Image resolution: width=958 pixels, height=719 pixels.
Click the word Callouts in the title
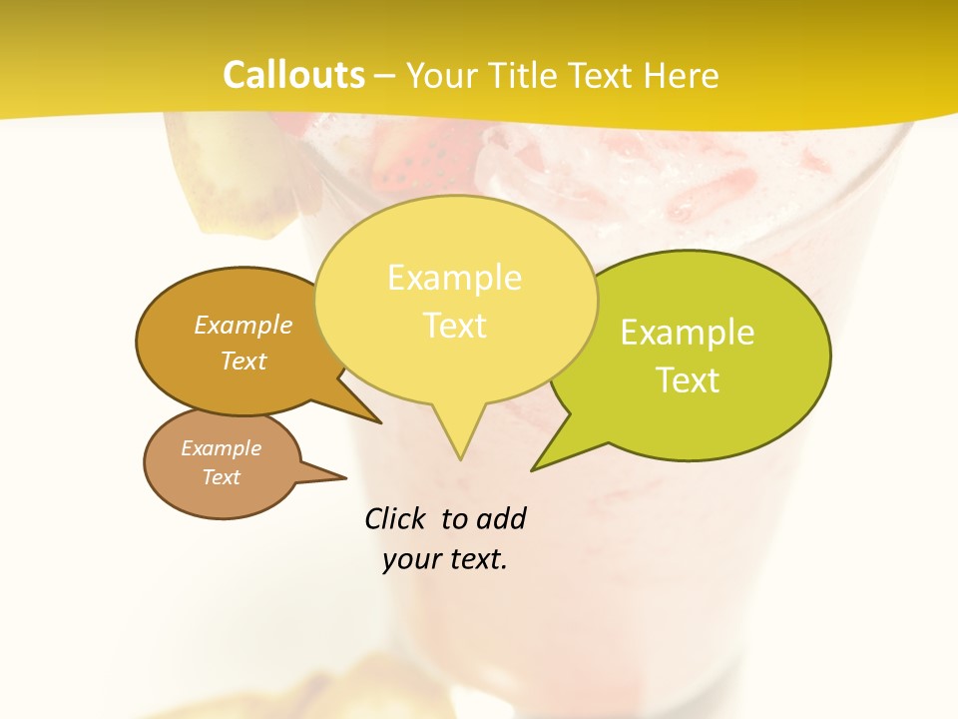tap(293, 75)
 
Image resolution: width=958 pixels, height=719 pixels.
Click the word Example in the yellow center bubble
tap(454, 278)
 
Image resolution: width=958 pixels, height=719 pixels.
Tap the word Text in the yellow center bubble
tap(455, 326)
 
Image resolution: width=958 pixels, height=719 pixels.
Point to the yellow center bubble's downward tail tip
tap(460, 458)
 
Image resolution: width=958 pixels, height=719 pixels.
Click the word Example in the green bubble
tap(688, 333)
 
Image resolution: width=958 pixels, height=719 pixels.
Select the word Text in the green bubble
tap(688, 380)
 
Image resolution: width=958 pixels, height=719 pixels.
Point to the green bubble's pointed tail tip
tap(533, 469)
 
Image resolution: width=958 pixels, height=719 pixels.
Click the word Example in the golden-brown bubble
tap(243, 325)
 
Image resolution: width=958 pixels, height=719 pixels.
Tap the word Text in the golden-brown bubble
tap(243, 360)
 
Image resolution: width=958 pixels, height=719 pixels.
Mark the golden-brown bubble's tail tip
tap(380, 422)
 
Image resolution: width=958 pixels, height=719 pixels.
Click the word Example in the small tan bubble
tap(221, 448)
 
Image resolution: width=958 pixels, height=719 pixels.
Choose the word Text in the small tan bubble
tap(221, 477)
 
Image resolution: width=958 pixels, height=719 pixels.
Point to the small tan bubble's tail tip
tap(345, 477)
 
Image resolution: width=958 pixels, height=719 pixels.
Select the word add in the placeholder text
tap(500, 518)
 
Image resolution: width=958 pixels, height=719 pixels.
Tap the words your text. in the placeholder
tap(445, 559)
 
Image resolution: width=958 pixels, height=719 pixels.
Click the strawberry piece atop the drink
tap(409, 160)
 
